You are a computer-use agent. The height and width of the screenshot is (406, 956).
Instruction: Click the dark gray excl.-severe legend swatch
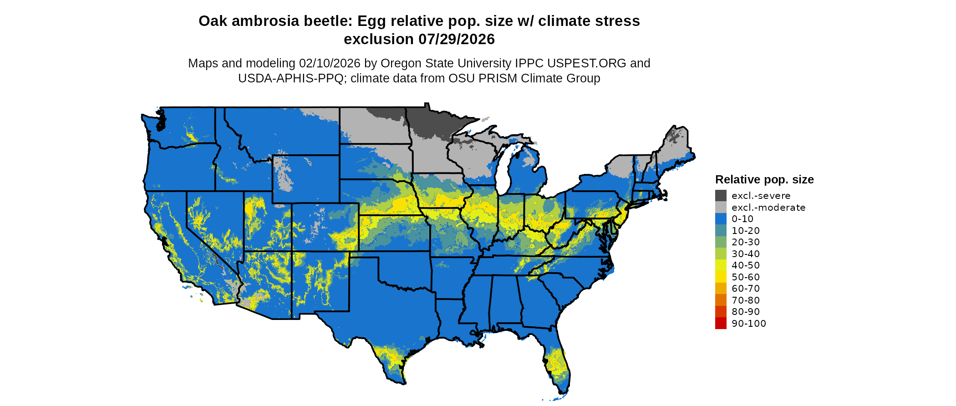(x=721, y=196)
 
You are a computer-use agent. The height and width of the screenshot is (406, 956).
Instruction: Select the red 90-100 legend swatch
(x=721, y=323)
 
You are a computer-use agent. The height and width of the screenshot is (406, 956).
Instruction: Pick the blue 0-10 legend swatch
(x=721, y=219)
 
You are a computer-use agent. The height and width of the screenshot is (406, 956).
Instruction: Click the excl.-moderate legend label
(x=768, y=208)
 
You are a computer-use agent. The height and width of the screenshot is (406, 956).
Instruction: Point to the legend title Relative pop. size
(x=764, y=179)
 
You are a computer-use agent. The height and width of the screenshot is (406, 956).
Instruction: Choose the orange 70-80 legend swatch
(x=721, y=300)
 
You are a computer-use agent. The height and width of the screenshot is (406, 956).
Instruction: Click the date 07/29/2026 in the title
(x=457, y=39)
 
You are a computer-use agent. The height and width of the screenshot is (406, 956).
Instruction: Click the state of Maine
(x=676, y=146)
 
